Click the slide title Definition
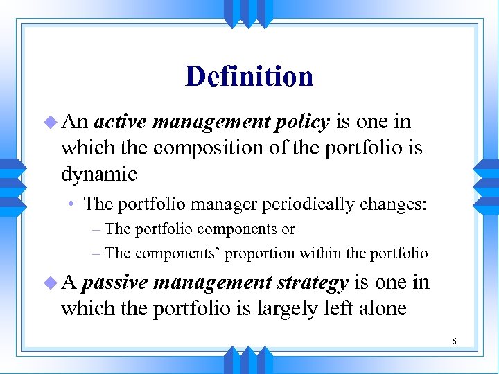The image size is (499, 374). tap(249, 76)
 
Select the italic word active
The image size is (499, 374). tap(120, 122)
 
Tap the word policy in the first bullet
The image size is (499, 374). tap(301, 122)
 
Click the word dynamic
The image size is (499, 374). tap(99, 174)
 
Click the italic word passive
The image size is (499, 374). tap(114, 283)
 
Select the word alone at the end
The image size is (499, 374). tap(382, 308)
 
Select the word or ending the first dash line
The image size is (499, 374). tap(288, 229)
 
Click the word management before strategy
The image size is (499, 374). tap(212, 283)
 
